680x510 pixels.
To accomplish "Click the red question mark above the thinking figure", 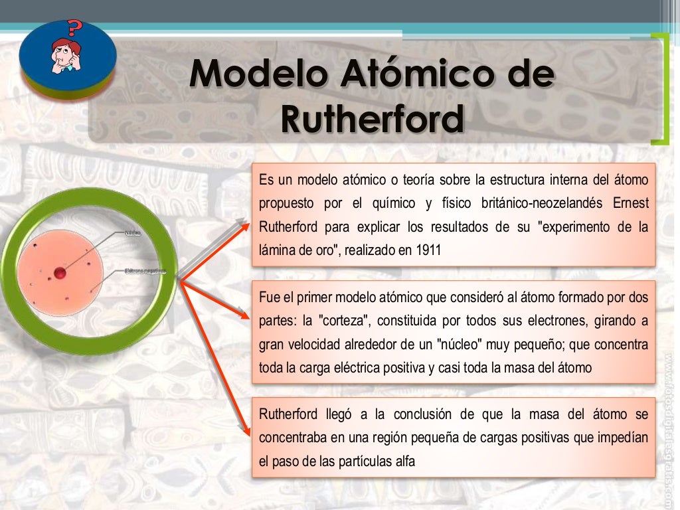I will [75, 29].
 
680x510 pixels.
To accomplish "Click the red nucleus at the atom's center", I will [60, 272].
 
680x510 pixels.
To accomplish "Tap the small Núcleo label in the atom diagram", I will [132, 233].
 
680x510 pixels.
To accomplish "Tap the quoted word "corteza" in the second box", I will [344, 321].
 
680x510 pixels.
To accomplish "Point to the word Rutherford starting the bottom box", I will [288, 415].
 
